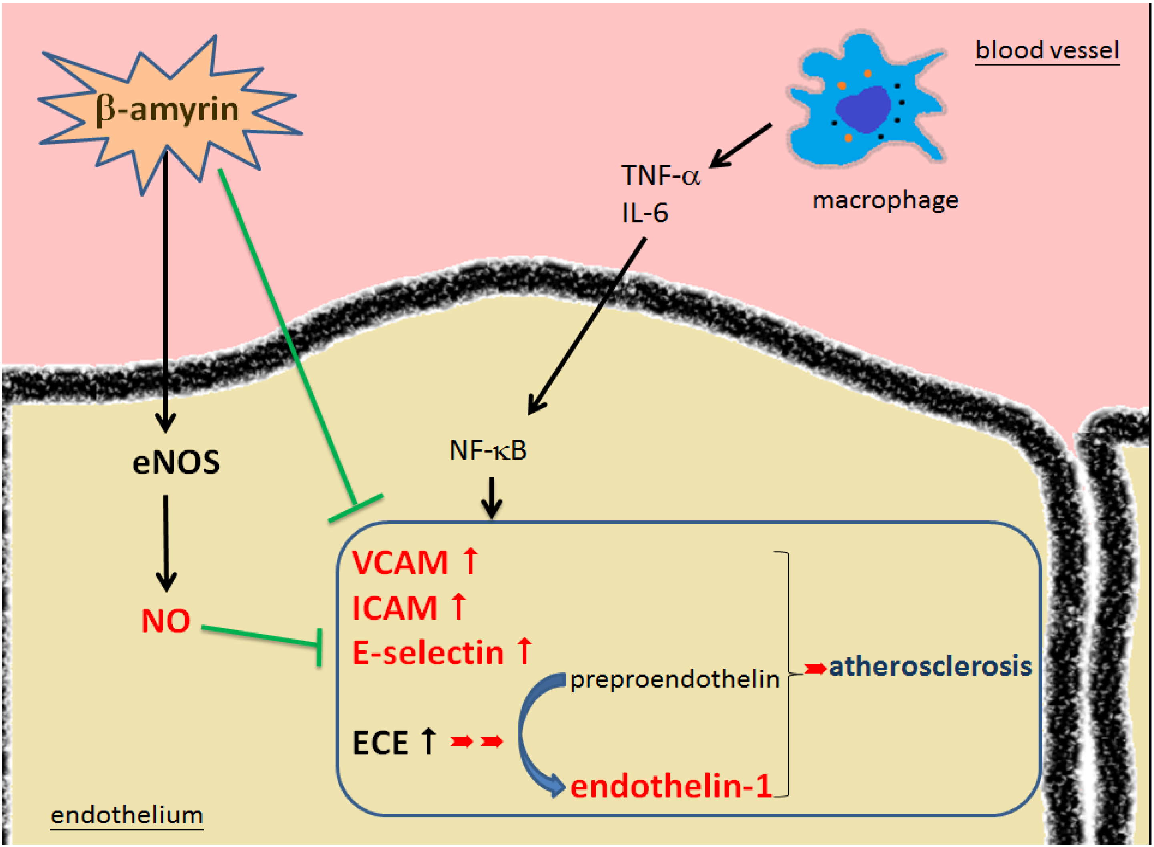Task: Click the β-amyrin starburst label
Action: coord(167,109)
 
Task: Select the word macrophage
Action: coord(885,201)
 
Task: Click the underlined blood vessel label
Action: coord(1047,50)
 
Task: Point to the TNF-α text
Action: coord(660,175)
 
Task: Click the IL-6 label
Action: coord(644,212)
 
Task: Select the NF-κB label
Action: coord(488,450)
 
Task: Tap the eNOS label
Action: coord(176,462)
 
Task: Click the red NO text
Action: coord(166,621)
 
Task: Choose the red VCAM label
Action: coord(400,563)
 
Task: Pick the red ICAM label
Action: coord(395,608)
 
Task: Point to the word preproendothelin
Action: coord(674,680)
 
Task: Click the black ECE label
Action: coord(380,743)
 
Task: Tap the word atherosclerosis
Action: coord(930,666)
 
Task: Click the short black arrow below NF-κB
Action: coord(491,497)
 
